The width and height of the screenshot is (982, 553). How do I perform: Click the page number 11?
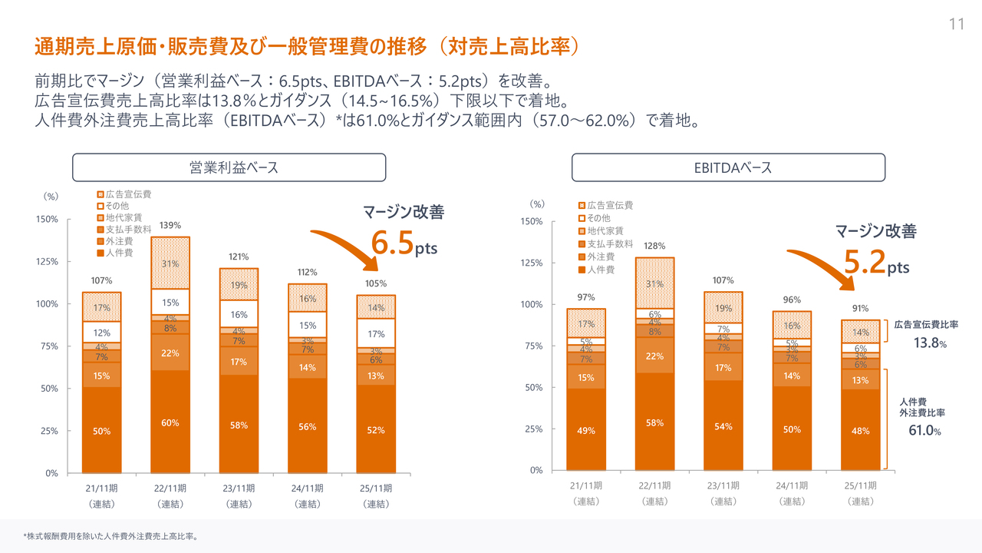(x=956, y=24)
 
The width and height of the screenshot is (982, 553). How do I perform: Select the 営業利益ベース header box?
(x=229, y=167)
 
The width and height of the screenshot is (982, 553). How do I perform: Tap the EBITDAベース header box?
(x=727, y=167)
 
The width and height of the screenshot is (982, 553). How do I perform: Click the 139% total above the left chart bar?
(x=170, y=226)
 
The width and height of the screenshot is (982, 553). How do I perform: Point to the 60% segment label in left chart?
(x=170, y=423)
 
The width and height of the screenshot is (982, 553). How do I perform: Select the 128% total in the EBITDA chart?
(x=654, y=246)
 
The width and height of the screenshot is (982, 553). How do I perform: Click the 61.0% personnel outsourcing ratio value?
(x=924, y=430)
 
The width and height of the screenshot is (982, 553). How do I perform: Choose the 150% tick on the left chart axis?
(x=47, y=220)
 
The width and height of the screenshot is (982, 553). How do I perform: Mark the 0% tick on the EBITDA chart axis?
(x=536, y=470)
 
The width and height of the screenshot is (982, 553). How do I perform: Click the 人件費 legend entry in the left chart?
(x=119, y=252)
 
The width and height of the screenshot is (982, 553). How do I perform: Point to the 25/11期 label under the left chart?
(x=376, y=488)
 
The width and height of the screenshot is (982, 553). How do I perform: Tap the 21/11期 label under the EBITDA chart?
(x=586, y=485)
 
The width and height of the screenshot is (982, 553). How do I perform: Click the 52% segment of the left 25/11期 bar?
(x=376, y=430)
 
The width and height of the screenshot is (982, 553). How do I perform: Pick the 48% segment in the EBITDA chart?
(x=860, y=431)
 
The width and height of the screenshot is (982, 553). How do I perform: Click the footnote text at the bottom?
(x=110, y=536)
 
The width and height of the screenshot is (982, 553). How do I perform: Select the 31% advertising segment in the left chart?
(x=170, y=263)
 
